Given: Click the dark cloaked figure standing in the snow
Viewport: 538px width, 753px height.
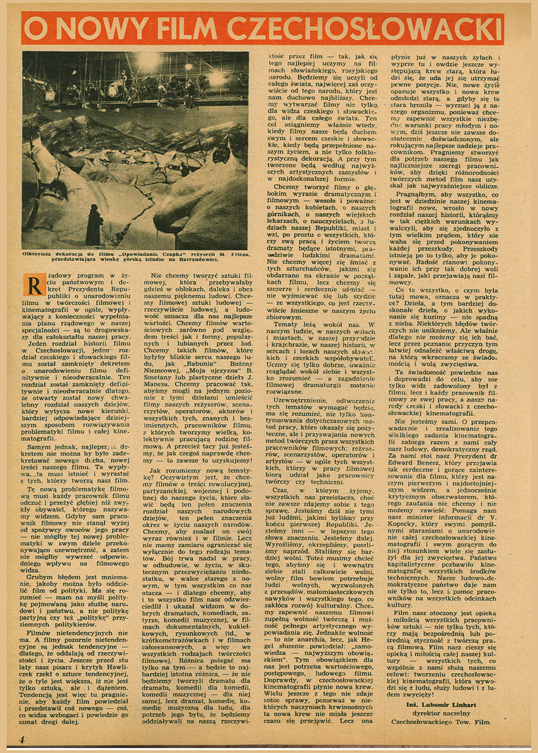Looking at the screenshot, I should tap(94, 224).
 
